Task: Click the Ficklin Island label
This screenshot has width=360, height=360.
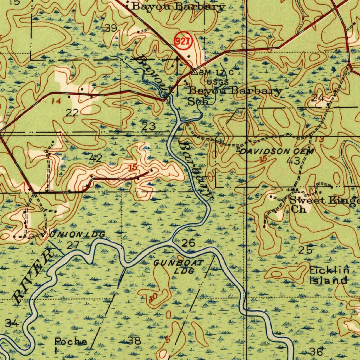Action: click(x=329, y=275)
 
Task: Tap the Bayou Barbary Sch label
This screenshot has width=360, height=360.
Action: click(x=235, y=96)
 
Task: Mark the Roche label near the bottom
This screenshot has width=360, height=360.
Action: click(x=71, y=342)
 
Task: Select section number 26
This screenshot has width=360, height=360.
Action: click(x=189, y=243)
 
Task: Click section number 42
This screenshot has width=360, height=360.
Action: click(x=96, y=158)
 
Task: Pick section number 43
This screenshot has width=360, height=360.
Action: click(x=293, y=161)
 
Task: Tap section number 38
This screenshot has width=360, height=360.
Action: click(x=135, y=340)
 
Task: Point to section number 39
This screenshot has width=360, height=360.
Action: click(x=111, y=28)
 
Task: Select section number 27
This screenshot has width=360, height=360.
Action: click(x=73, y=245)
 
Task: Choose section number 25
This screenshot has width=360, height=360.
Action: click(x=305, y=250)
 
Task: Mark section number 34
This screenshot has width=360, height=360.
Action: click(x=12, y=323)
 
